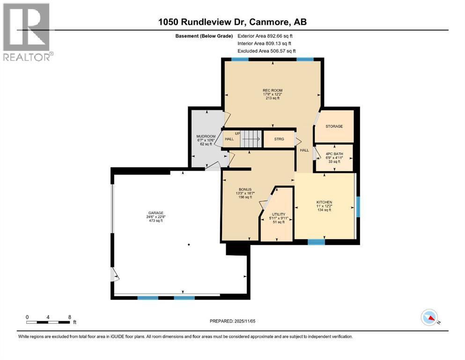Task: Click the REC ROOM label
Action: pyautogui.click(x=273, y=90)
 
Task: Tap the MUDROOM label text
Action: pyautogui.click(x=206, y=136)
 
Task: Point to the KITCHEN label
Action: pyautogui.click(x=324, y=202)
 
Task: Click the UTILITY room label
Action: pyautogui.click(x=279, y=214)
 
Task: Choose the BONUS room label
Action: pyautogui.click(x=244, y=189)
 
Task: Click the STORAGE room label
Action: pyautogui.click(x=334, y=126)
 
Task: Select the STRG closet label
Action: pyautogui.click(x=278, y=139)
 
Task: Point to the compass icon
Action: pyautogui.click(x=429, y=318)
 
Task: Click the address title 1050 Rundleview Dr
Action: pyautogui.click(x=232, y=22)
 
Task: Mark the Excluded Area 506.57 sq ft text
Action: pyautogui.click(x=267, y=51)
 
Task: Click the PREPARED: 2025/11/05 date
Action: pyautogui.click(x=233, y=321)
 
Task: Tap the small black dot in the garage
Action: pyautogui.click(x=189, y=245)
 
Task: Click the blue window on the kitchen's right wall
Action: pyautogui.click(x=358, y=207)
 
